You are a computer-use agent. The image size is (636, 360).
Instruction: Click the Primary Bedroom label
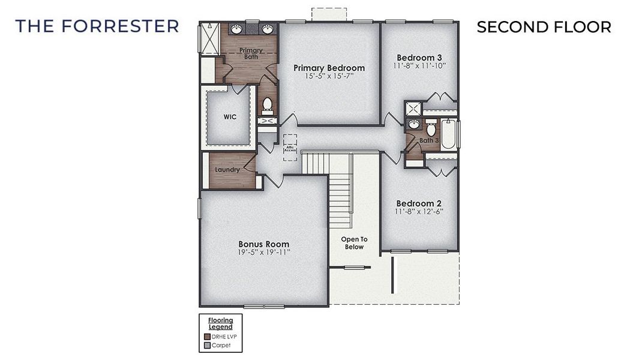(329, 68)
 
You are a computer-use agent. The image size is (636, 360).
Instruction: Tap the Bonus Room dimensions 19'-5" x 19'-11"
(264, 253)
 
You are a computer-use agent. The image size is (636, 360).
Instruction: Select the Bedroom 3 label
(419, 57)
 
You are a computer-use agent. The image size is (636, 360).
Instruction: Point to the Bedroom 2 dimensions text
(419, 211)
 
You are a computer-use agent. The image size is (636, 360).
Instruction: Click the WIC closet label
(230, 117)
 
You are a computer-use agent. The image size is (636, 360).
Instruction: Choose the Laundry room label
(228, 170)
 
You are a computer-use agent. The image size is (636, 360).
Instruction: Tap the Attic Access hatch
(290, 147)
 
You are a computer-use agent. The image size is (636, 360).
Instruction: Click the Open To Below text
(354, 243)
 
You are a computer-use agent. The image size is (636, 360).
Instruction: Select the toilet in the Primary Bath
(268, 106)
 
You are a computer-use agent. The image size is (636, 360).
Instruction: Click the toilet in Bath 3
(430, 130)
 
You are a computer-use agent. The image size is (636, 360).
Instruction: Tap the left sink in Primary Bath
(237, 29)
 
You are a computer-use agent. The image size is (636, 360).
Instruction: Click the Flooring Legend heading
(220, 323)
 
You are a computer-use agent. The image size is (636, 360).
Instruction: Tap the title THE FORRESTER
(97, 26)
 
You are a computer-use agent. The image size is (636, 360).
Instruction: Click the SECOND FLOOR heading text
(544, 27)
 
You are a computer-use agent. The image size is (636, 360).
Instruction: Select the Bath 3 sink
(413, 125)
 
